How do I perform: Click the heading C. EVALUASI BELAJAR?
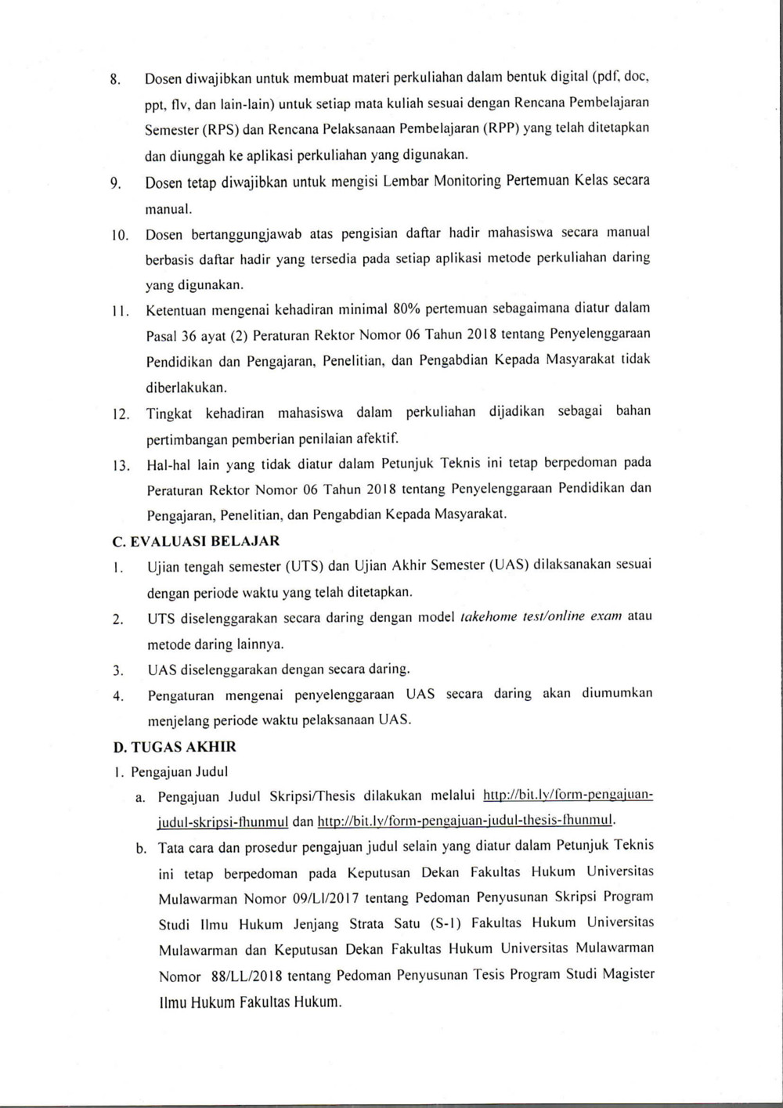point(197,540)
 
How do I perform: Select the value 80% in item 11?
point(407,308)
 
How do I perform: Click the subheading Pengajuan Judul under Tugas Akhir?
point(179,772)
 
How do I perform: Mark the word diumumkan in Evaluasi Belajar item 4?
point(616,694)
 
